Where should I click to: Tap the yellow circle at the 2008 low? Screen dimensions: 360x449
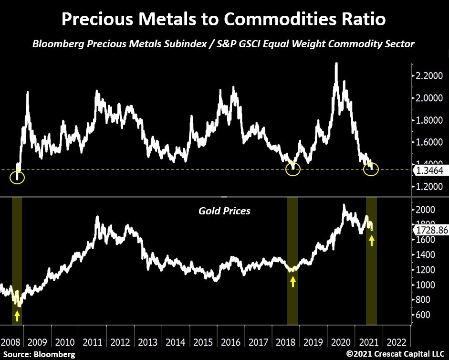pos(17,177)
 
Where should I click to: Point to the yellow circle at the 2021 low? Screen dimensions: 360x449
pos(371,169)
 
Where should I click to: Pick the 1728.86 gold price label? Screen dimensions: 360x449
pos(429,230)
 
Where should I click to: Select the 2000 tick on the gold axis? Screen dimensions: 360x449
pos(424,210)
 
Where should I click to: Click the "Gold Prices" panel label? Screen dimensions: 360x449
pos(224,211)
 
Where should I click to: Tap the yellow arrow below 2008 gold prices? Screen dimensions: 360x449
pos(17,316)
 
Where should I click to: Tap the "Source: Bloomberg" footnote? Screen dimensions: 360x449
pos(39,354)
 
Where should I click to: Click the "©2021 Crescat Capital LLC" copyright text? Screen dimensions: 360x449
pos(396,354)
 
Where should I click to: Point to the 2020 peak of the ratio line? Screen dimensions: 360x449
pos(336,64)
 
